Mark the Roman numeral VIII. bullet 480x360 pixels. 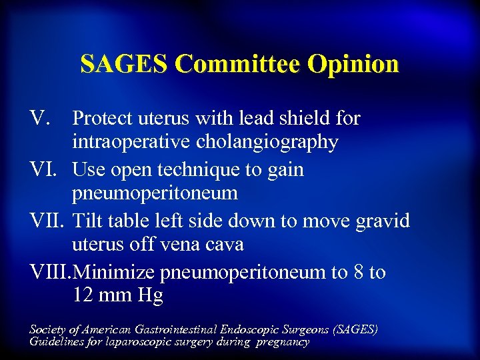(x=51, y=272)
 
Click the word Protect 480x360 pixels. (x=103, y=119)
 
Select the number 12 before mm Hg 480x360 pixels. (x=83, y=296)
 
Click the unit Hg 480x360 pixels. (x=150, y=296)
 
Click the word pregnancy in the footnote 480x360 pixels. (x=282, y=341)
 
